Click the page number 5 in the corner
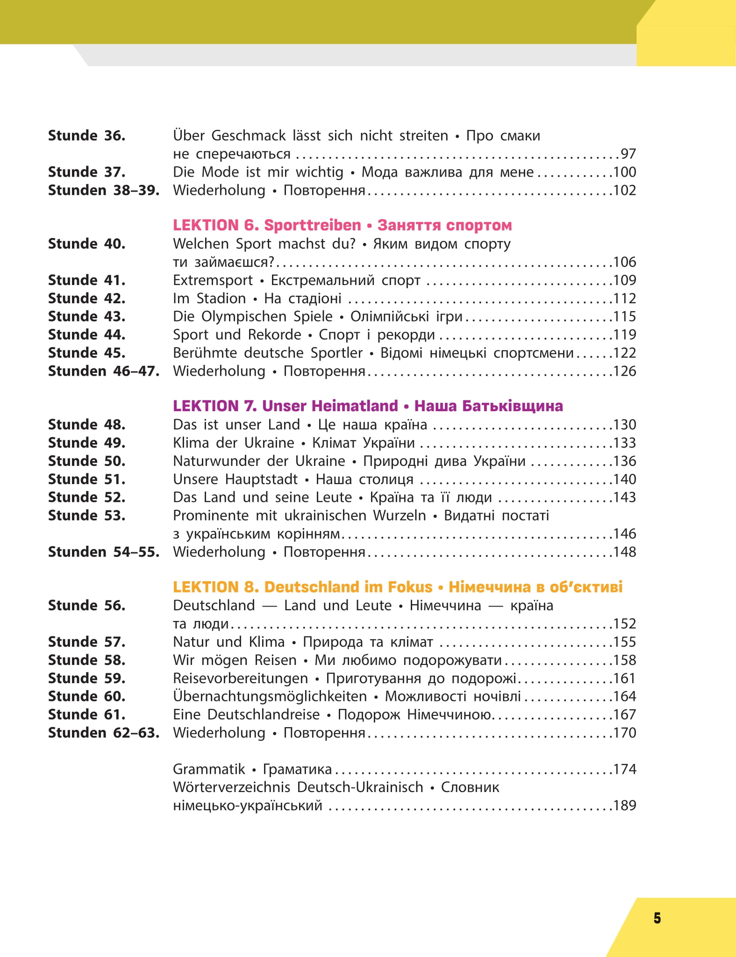pyautogui.click(x=657, y=918)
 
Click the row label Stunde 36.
pyautogui.click(x=86, y=136)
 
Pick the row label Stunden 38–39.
pyautogui.click(x=103, y=190)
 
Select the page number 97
pyautogui.click(x=628, y=154)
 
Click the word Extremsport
pyautogui.click(x=213, y=280)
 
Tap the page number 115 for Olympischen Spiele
pyautogui.click(x=624, y=316)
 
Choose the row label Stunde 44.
pyautogui.click(x=86, y=335)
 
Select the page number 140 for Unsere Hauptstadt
pyautogui.click(x=624, y=479)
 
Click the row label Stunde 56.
pyautogui.click(x=86, y=606)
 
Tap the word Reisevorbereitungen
pyautogui.click(x=240, y=678)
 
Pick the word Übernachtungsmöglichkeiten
pyautogui.click(x=270, y=696)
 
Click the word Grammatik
pyautogui.click(x=209, y=769)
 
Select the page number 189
pyautogui.click(x=624, y=806)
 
